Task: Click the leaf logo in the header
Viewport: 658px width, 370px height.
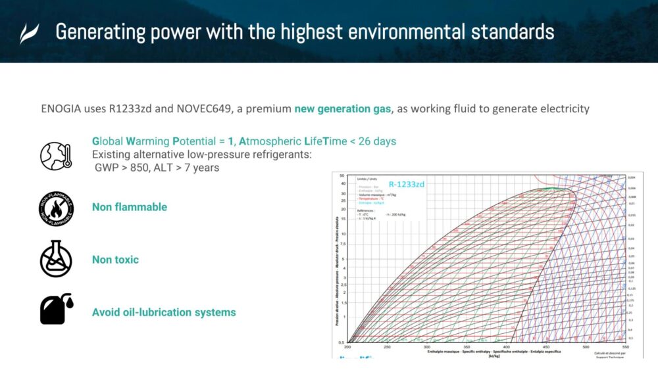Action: pyautogui.click(x=29, y=33)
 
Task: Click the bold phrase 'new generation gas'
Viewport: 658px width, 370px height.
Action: pyautogui.click(x=342, y=108)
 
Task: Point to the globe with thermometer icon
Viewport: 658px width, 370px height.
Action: pyautogui.click(x=56, y=156)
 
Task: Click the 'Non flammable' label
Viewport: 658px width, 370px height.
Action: pyautogui.click(x=130, y=207)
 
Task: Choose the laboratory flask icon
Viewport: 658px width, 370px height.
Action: pyautogui.click(x=56, y=259)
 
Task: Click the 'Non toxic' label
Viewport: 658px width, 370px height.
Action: pyautogui.click(x=115, y=260)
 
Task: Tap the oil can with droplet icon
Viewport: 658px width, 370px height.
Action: pyautogui.click(x=56, y=310)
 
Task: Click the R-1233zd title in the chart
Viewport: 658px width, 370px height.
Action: pyautogui.click(x=406, y=185)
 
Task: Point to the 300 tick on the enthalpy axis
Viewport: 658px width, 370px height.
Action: pyautogui.click(x=428, y=347)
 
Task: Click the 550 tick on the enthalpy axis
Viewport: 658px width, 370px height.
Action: pyautogui.click(x=625, y=347)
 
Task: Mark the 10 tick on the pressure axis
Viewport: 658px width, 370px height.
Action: pyautogui.click(x=342, y=233)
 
